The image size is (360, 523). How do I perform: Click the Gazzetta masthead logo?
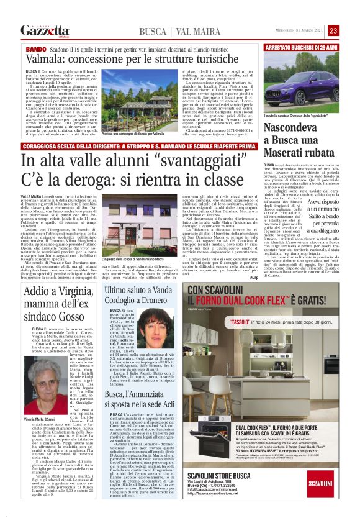coord(44,30)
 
